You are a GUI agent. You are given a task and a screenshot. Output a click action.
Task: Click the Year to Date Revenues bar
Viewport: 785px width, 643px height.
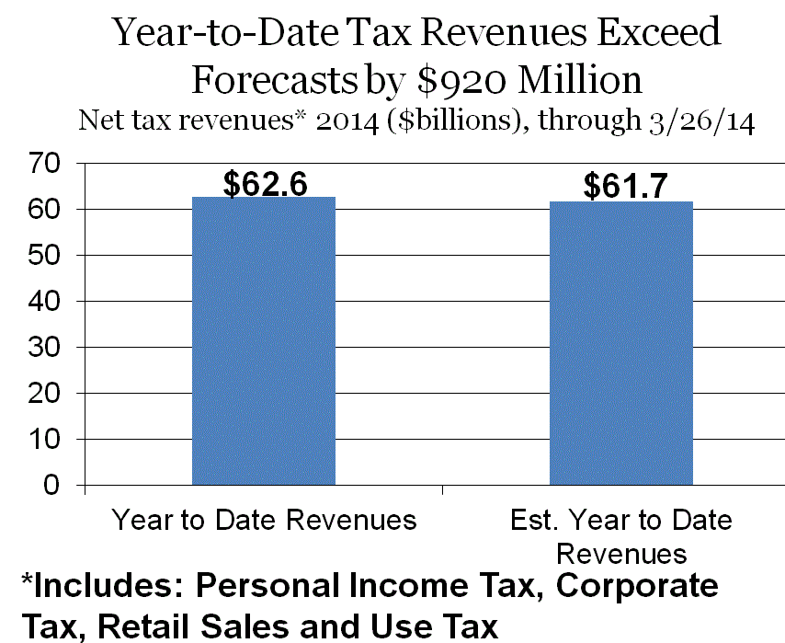tap(264, 340)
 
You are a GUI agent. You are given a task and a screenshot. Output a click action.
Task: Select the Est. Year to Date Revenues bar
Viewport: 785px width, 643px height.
tap(621, 343)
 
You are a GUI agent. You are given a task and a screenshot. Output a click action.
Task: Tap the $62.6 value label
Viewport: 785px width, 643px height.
tap(265, 183)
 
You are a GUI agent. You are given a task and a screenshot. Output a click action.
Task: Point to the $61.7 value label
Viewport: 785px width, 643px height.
tap(625, 186)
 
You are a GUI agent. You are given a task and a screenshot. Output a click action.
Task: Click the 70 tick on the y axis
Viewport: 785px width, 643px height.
tap(44, 164)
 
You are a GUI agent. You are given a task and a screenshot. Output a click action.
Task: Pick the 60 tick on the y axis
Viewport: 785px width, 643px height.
tap(44, 209)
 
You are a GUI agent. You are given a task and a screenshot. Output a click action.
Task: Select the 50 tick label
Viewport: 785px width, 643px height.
tap(44, 255)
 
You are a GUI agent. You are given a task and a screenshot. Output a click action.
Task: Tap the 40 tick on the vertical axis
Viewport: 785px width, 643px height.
tap(44, 301)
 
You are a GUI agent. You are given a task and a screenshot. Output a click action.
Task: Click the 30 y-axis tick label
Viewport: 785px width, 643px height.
tap(44, 347)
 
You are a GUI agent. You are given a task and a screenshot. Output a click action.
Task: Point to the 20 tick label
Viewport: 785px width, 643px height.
tap(44, 394)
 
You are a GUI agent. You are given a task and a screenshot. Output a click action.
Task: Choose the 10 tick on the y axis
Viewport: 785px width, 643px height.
tap(44, 440)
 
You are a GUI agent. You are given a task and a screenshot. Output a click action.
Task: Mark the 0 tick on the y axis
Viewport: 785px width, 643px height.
tap(51, 485)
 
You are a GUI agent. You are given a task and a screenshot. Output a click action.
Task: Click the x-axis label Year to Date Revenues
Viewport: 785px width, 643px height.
tap(265, 519)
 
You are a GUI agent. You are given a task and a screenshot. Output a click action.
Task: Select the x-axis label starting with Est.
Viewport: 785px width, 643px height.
tap(621, 536)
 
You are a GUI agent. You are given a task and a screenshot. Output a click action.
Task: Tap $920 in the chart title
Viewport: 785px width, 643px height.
tap(461, 80)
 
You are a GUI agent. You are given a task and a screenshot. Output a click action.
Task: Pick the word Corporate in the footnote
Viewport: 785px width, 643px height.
tap(637, 585)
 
